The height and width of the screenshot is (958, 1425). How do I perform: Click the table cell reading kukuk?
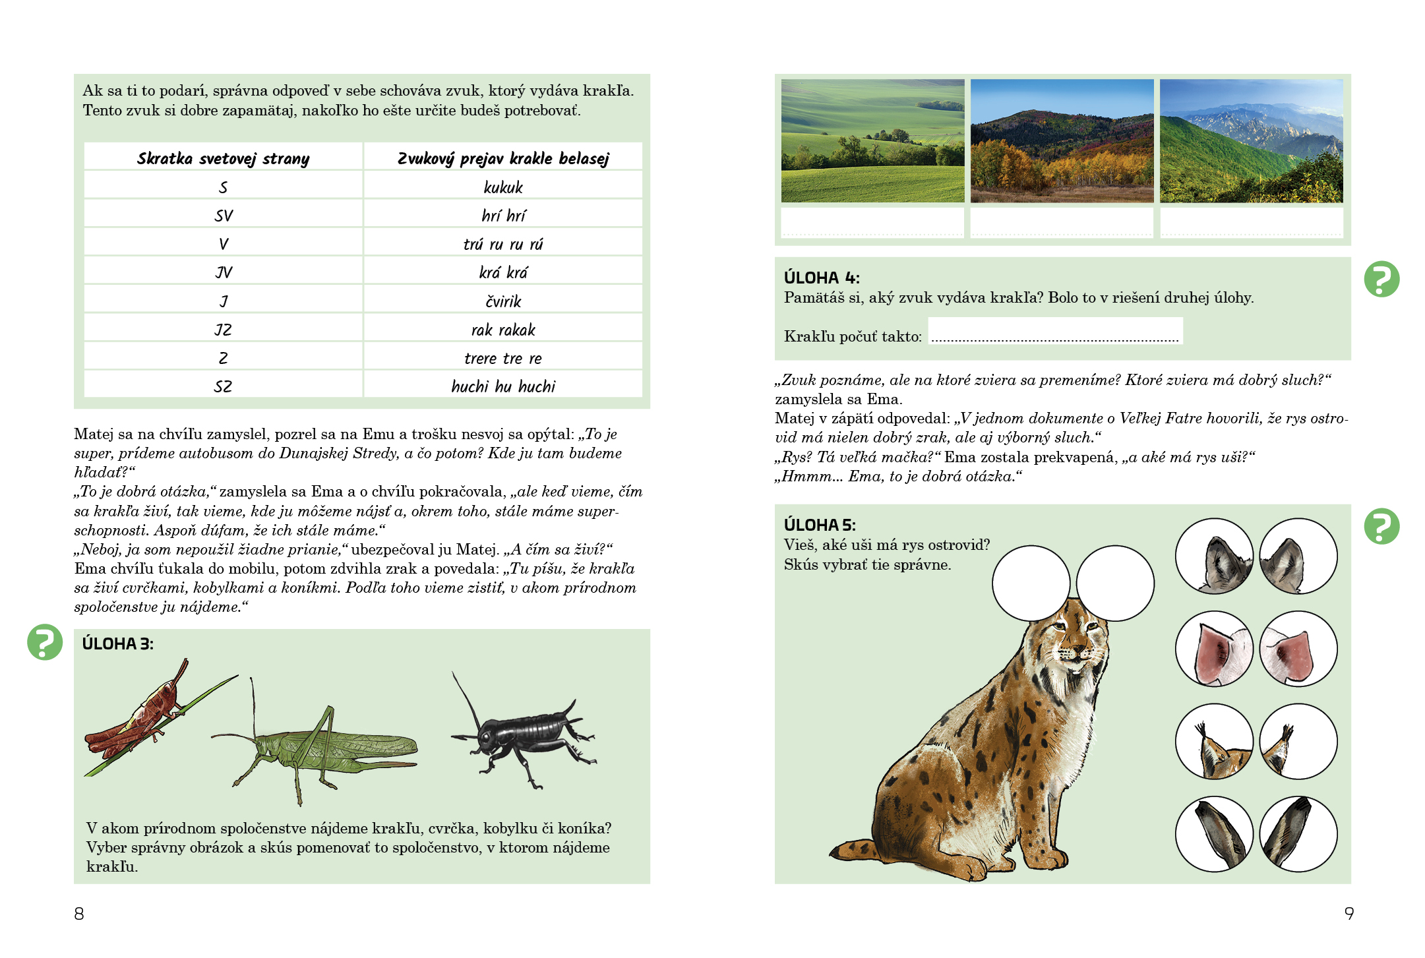pos(502,187)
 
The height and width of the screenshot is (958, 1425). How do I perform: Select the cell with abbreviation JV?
pos(224,272)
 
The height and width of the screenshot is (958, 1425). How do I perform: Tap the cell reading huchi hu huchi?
pos(502,386)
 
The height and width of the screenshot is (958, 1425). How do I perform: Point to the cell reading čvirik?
pos(502,301)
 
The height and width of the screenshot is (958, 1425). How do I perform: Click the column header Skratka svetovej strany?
pos(223,158)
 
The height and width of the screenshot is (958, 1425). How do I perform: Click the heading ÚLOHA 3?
pos(117,644)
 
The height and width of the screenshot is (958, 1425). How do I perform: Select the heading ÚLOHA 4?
pos(821,278)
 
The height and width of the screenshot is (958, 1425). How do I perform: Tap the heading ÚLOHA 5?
pos(819,525)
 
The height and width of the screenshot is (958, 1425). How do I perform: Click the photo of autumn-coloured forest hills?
pos(1062,141)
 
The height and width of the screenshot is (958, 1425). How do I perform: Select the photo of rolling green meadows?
pos(872,141)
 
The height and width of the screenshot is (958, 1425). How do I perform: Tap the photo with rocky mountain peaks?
pos(1251,141)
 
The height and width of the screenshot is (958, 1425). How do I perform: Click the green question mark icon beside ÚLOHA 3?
pos(45,642)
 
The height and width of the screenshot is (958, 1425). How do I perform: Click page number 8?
pos(79,914)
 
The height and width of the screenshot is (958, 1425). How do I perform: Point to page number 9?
pos(1349,914)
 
